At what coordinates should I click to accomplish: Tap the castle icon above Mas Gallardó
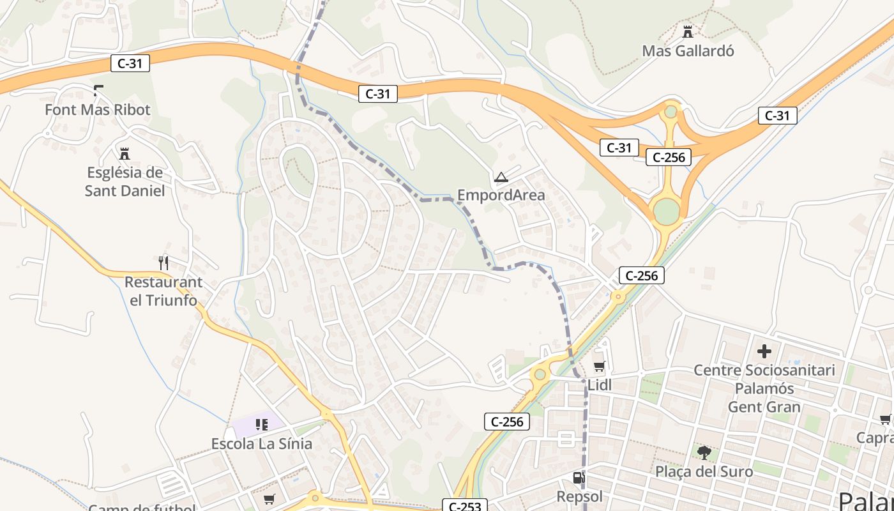coord(688,31)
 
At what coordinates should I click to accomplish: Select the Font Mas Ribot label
coord(98,110)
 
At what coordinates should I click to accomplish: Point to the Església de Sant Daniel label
coord(125,181)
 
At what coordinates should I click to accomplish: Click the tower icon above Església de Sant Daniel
coord(125,153)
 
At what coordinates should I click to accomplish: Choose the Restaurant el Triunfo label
coord(163,291)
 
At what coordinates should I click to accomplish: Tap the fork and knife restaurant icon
coord(163,263)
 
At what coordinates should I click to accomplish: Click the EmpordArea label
coord(501,195)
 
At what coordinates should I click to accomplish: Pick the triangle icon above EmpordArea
coord(501,176)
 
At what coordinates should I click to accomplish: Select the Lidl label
coord(600,385)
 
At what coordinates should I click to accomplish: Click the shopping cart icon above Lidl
coord(600,366)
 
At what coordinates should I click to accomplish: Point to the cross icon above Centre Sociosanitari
coord(764,351)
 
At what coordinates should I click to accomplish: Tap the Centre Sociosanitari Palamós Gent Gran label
coord(764,388)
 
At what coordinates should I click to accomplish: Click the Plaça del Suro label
coord(704,471)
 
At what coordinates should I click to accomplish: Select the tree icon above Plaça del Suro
coord(704,453)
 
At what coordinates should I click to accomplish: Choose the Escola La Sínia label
coord(262,443)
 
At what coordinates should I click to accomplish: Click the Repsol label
coord(580,496)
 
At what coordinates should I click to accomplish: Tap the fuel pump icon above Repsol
coord(579,478)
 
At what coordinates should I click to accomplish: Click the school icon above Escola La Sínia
coord(261,425)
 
